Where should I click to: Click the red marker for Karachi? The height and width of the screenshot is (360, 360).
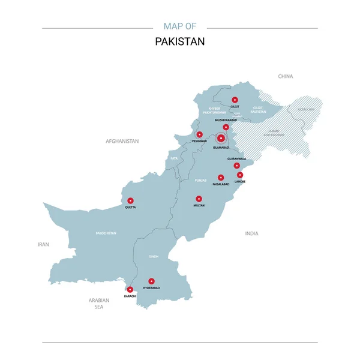coord(130,289)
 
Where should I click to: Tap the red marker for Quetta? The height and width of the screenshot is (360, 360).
coord(131,200)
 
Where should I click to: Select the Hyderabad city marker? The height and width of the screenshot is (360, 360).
coord(152,281)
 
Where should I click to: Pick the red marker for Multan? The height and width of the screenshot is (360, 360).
coord(199,199)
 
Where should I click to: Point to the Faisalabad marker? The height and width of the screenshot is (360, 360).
coord(221,178)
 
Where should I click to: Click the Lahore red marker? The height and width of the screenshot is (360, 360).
coord(240,175)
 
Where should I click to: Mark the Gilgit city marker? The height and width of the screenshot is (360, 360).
coord(235,100)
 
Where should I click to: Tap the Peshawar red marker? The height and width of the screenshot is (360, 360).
coord(199,134)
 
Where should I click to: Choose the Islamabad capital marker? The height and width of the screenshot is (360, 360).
coord(221,139)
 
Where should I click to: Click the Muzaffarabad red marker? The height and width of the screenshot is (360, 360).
coord(226,127)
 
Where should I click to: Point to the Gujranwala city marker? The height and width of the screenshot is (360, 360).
coord(236,165)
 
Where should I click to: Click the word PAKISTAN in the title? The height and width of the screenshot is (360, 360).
coord(180,42)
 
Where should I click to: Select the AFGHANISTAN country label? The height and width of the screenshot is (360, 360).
coord(122,141)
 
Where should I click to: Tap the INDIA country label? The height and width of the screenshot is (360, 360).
coord(251,233)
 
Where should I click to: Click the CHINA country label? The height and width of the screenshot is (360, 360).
coord(286,77)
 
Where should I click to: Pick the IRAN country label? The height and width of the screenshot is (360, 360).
coord(43,244)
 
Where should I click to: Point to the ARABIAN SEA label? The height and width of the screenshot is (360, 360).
coord(99,304)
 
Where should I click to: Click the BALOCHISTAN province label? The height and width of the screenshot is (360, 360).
coord(106,233)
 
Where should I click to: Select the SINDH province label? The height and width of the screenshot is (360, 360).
coord(154,256)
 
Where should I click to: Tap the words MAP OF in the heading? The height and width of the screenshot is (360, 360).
coord(180,26)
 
